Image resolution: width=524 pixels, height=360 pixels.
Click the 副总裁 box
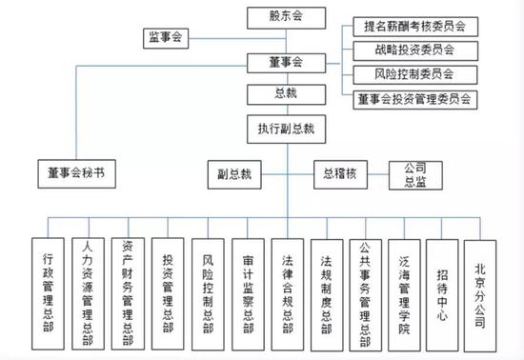(x=233, y=174)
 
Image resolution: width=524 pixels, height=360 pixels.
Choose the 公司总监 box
(x=413, y=174)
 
